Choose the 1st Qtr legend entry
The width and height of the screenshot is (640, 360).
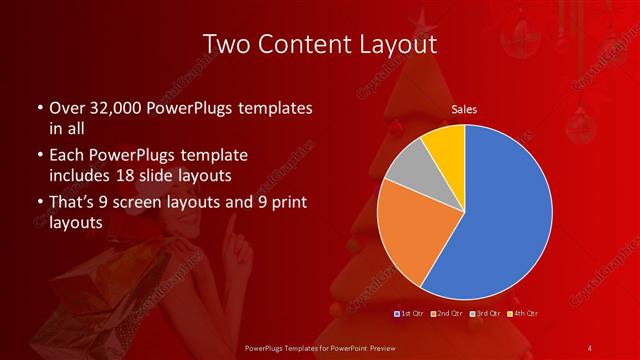(x=410, y=314)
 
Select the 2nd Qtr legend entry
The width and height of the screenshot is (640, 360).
(x=445, y=314)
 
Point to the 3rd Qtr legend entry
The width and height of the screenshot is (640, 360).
(x=482, y=314)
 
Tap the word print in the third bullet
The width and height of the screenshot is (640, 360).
(x=275, y=202)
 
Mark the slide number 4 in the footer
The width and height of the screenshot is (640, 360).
(x=590, y=347)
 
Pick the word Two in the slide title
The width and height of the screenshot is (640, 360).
(x=226, y=44)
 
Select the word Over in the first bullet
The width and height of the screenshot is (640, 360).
(x=66, y=108)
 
